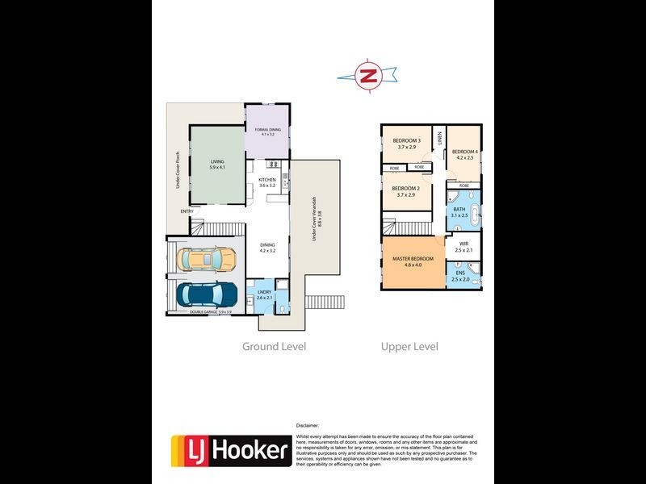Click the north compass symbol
click(369, 76)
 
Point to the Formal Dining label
click(266, 132)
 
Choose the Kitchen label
click(267, 182)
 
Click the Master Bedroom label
click(413, 261)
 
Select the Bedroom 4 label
click(465, 154)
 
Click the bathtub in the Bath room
click(475, 215)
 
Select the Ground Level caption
click(275, 347)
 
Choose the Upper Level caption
click(409, 347)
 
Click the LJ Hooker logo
click(230, 450)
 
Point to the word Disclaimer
click(307, 424)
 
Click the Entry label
click(187, 212)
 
